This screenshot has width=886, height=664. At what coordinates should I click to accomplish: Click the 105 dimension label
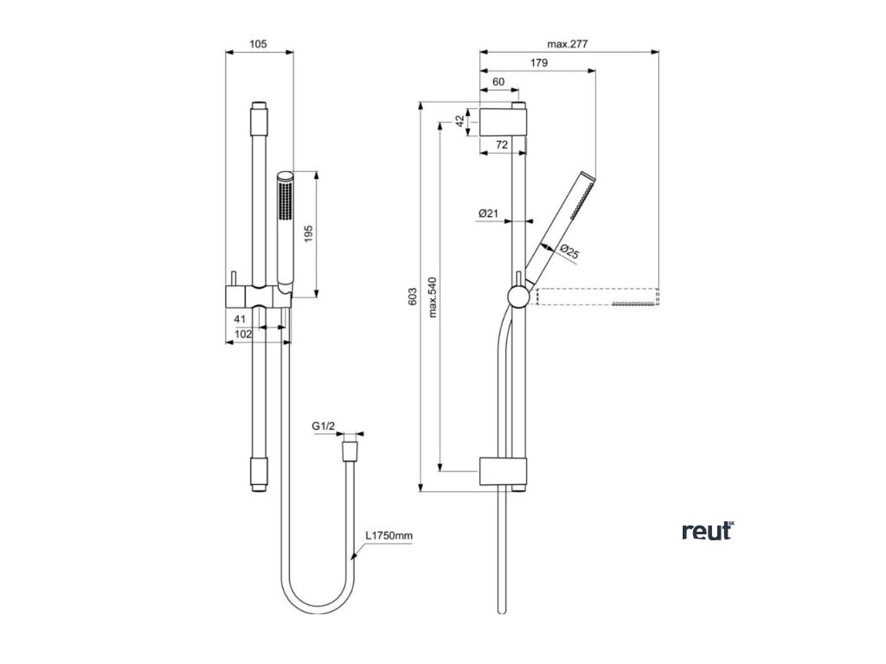[x=258, y=43]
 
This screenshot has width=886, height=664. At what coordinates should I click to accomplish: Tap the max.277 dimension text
[x=568, y=43]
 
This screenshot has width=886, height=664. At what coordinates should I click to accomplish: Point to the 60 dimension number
[x=498, y=81]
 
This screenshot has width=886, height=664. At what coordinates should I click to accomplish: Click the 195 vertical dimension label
[x=310, y=233]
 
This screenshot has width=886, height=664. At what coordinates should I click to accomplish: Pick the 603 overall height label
[x=413, y=297]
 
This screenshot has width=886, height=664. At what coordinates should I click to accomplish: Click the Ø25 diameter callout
[x=568, y=252]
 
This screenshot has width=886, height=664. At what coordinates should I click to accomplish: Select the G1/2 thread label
[x=323, y=425]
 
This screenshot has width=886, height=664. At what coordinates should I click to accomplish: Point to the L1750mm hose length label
[x=388, y=536]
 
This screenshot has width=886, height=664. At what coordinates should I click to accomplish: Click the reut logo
[x=707, y=531]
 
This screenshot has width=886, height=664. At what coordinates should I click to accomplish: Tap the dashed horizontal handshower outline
[x=598, y=297]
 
